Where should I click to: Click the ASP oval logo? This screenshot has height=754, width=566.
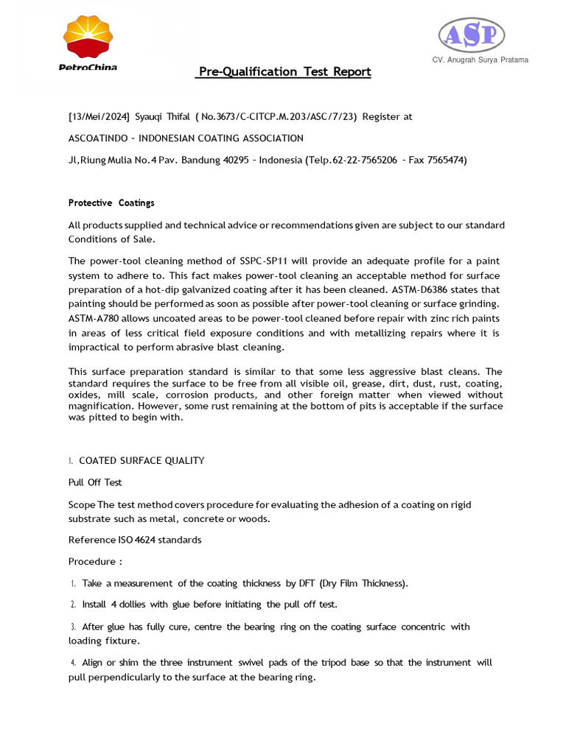[472, 35]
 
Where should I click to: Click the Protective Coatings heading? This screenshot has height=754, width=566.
[111, 202]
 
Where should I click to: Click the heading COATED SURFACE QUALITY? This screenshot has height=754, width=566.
[141, 460]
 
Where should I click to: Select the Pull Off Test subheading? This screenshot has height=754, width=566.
[95, 482]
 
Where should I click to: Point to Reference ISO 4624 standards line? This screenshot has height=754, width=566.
[135, 540]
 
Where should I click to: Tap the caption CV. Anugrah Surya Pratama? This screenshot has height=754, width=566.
[480, 60]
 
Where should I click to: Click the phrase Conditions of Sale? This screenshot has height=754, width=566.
[111, 239]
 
